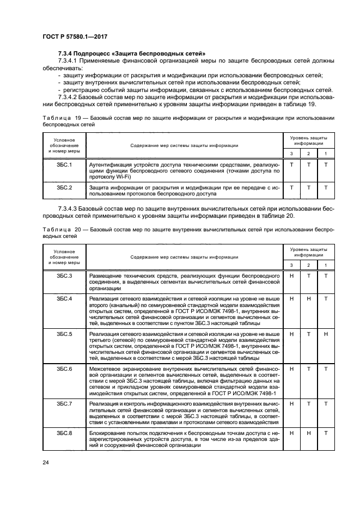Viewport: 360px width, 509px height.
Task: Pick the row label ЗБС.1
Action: click(64, 164)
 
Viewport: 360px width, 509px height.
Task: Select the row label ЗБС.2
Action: click(64, 187)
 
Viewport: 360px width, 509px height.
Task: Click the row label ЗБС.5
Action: click(64, 333)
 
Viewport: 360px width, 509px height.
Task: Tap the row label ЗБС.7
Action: click(64, 403)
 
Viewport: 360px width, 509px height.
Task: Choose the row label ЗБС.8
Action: click(64, 433)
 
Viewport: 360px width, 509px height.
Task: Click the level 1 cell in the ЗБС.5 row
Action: click(326, 333)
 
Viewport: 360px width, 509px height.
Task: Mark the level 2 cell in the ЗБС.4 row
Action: click(308, 299)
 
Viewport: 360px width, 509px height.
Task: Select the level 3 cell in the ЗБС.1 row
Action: click(291, 164)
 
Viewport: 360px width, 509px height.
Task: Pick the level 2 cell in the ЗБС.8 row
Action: click(308, 433)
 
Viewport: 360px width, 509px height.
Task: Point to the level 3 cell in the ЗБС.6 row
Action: click(291, 369)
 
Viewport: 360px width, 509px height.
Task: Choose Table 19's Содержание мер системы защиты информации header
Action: click(184, 145)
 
